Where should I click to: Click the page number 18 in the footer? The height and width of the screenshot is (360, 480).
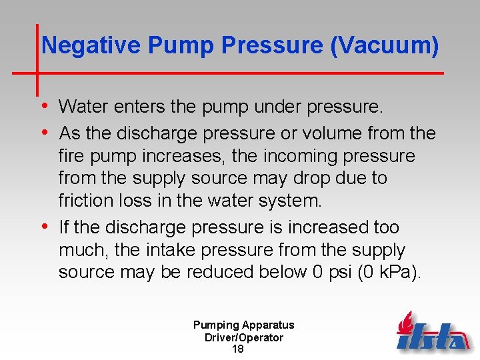pyautogui.click(x=237, y=349)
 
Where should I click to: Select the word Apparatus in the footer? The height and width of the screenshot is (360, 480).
pyautogui.click(x=268, y=325)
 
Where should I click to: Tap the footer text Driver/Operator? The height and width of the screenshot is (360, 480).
pyautogui.click(x=243, y=337)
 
